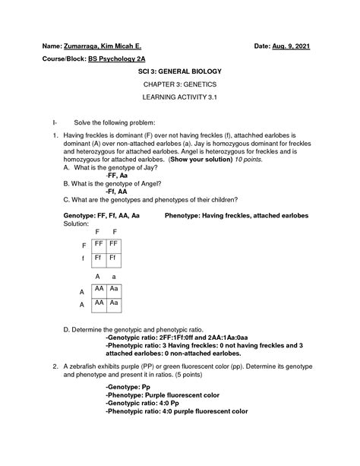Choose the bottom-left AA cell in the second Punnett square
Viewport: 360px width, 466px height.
tap(99, 303)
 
